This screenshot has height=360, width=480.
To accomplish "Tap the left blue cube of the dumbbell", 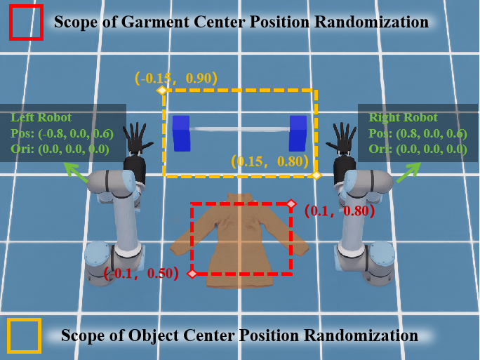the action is point(182,133).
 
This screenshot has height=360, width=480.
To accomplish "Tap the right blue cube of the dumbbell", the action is point(298,133).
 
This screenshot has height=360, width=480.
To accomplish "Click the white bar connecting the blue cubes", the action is point(240,129).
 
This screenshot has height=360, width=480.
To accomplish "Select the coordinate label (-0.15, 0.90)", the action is point(176,79).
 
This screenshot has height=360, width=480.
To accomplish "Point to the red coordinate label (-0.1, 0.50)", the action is point(141,273).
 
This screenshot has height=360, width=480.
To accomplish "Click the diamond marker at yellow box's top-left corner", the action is point(161,91).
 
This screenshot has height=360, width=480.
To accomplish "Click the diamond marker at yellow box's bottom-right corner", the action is point(316,175).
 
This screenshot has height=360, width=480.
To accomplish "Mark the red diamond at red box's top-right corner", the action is point(291,204).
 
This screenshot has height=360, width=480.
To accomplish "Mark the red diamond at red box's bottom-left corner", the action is point(192,274).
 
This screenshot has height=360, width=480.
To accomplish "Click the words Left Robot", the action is point(41,117).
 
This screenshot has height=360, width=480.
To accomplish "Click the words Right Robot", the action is point(403,117).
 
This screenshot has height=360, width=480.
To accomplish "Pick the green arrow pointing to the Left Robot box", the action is point(76,173).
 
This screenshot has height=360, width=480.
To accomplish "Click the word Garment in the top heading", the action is point(154,22).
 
